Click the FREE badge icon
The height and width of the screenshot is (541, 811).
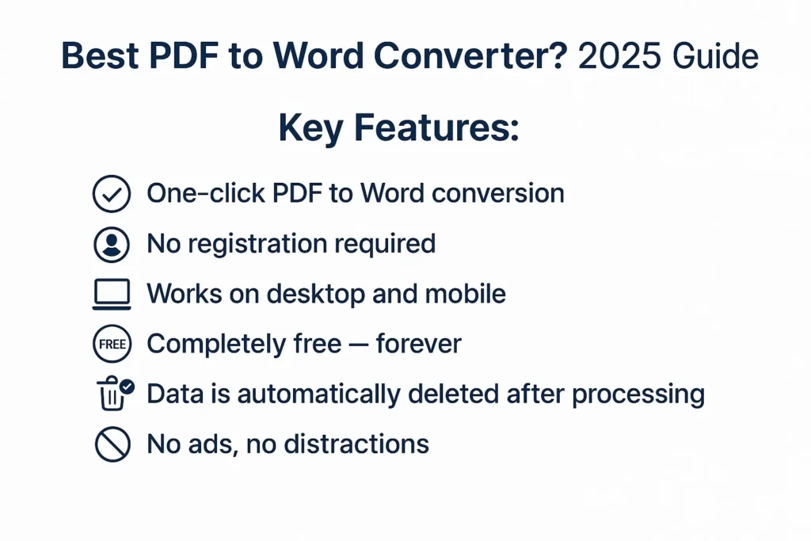coord(112,344)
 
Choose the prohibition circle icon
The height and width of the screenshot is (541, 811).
coord(112,444)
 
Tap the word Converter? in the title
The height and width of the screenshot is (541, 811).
coord(471,56)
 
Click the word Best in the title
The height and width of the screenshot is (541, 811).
coord(100,55)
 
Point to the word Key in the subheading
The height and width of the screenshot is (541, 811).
coord(310,128)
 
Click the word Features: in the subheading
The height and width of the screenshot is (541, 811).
coord(436,128)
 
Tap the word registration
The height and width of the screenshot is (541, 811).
coord(257,245)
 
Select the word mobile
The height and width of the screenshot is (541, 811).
coord(465,294)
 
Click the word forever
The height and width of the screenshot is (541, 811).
coord(418,344)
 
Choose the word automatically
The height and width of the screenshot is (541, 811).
coord(318,394)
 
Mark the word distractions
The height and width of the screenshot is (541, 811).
coord(356,444)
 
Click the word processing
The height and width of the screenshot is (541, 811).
coord(638,394)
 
